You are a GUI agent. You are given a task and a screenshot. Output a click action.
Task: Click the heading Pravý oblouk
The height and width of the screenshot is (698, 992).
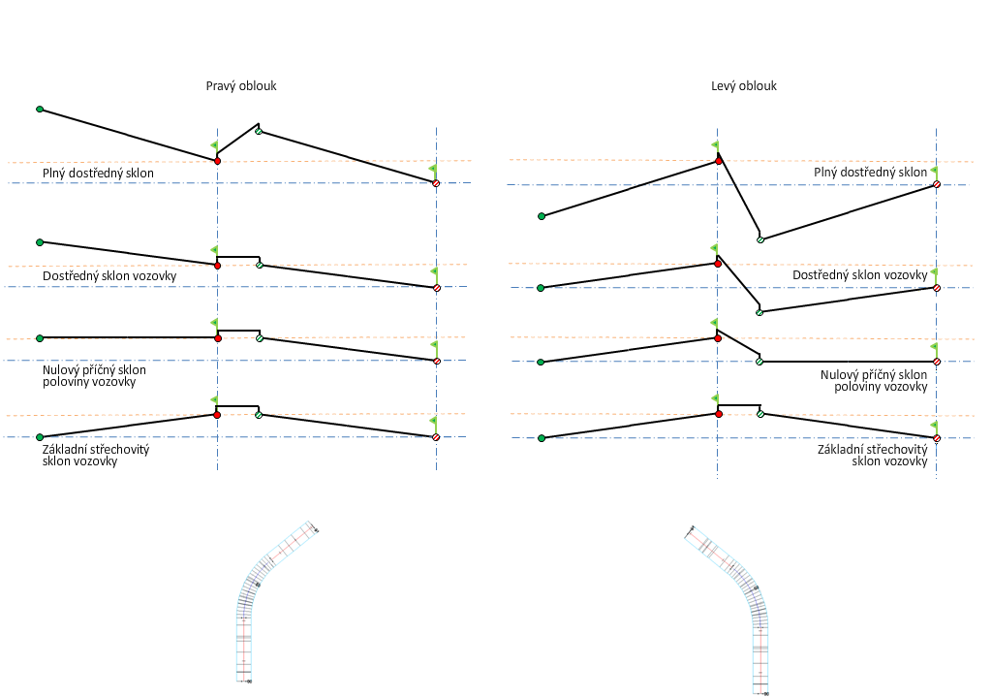pyautogui.click(x=241, y=85)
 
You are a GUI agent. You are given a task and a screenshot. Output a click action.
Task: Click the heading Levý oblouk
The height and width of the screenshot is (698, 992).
pyautogui.click(x=744, y=85)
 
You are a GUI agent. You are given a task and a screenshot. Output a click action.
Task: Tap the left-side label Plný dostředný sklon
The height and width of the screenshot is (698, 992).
pyautogui.click(x=98, y=174)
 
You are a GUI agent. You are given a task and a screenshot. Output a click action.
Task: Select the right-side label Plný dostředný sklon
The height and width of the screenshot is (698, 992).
pyautogui.click(x=870, y=173)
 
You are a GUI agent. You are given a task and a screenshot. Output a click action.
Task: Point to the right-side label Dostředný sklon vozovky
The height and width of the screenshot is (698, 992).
pyautogui.click(x=859, y=275)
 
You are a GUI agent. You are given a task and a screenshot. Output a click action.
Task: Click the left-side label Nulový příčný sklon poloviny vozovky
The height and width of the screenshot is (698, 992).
pyautogui.click(x=94, y=375)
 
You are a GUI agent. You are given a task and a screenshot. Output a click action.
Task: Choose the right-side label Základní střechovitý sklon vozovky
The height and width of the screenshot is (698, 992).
pyautogui.click(x=872, y=456)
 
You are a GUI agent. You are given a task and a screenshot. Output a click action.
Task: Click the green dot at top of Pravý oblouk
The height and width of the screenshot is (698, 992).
pyautogui.click(x=40, y=110)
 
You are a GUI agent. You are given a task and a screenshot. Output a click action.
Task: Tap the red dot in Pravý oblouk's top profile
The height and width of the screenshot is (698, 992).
pyautogui.click(x=217, y=160)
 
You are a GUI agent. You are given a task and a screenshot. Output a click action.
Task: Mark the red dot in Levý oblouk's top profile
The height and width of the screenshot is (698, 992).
pyautogui.click(x=718, y=160)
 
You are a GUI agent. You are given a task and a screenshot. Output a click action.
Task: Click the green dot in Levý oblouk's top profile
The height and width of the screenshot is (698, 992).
pyautogui.click(x=542, y=216)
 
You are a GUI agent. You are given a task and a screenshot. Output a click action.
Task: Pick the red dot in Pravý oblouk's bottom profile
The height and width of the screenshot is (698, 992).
pyautogui.click(x=217, y=415)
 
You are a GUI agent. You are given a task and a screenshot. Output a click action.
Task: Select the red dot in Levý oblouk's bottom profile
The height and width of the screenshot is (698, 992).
pyautogui.click(x=718, y=414)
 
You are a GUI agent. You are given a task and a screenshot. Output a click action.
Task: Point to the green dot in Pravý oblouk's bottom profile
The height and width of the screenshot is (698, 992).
pyautogui.click(x=40, y=437)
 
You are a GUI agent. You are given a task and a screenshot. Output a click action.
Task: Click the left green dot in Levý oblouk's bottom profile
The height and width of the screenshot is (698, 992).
pyautogui.click(x=542, y=438)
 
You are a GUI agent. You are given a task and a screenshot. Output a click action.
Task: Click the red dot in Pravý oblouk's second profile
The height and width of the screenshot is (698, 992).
pyautogui.click(x=217, y=264)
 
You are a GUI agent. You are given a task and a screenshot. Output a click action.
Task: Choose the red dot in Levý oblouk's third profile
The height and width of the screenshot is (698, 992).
pyautogui.click(x=718, y=338)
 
